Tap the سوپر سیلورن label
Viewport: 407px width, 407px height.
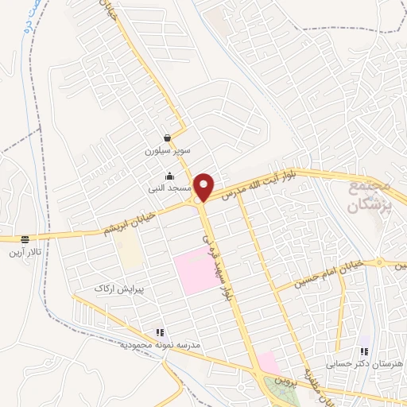[168, 149]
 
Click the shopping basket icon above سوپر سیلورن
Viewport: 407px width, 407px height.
[168, 137]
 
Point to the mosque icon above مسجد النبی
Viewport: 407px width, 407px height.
[168, 176]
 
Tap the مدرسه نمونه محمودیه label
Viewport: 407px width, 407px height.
[160, 346]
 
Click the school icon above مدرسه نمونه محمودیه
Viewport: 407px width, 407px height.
[160, 333]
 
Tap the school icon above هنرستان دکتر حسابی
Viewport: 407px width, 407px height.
[364, 351]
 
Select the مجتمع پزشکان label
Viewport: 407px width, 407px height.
[370, 196]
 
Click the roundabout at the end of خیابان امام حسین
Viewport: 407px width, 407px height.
[379, 262]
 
